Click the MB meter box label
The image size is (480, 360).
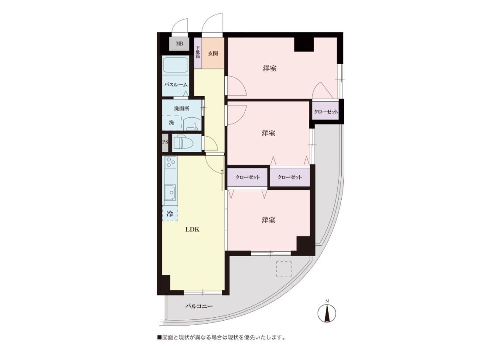(179, 44)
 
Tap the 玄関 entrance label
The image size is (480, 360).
(213, 54)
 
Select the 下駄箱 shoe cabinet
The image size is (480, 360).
(198, 53)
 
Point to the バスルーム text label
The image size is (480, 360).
(176, 85)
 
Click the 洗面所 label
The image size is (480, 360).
(182, 108)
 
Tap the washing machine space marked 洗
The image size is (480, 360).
(171, 123)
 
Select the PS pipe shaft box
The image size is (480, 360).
(165, 142)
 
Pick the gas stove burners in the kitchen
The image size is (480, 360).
(171, 162)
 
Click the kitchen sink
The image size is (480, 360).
(170, 192)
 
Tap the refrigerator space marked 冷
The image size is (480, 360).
(170, 213)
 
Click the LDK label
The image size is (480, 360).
(192, 229)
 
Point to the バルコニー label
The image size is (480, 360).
(199, 306)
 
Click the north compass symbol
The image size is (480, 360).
(327, 312)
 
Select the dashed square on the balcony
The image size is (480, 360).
(284, 269)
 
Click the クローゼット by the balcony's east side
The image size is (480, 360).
(326, 112)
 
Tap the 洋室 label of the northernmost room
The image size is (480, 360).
(269, 68)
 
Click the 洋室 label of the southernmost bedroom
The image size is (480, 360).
(268, 220)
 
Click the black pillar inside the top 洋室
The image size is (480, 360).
(304, 45)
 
